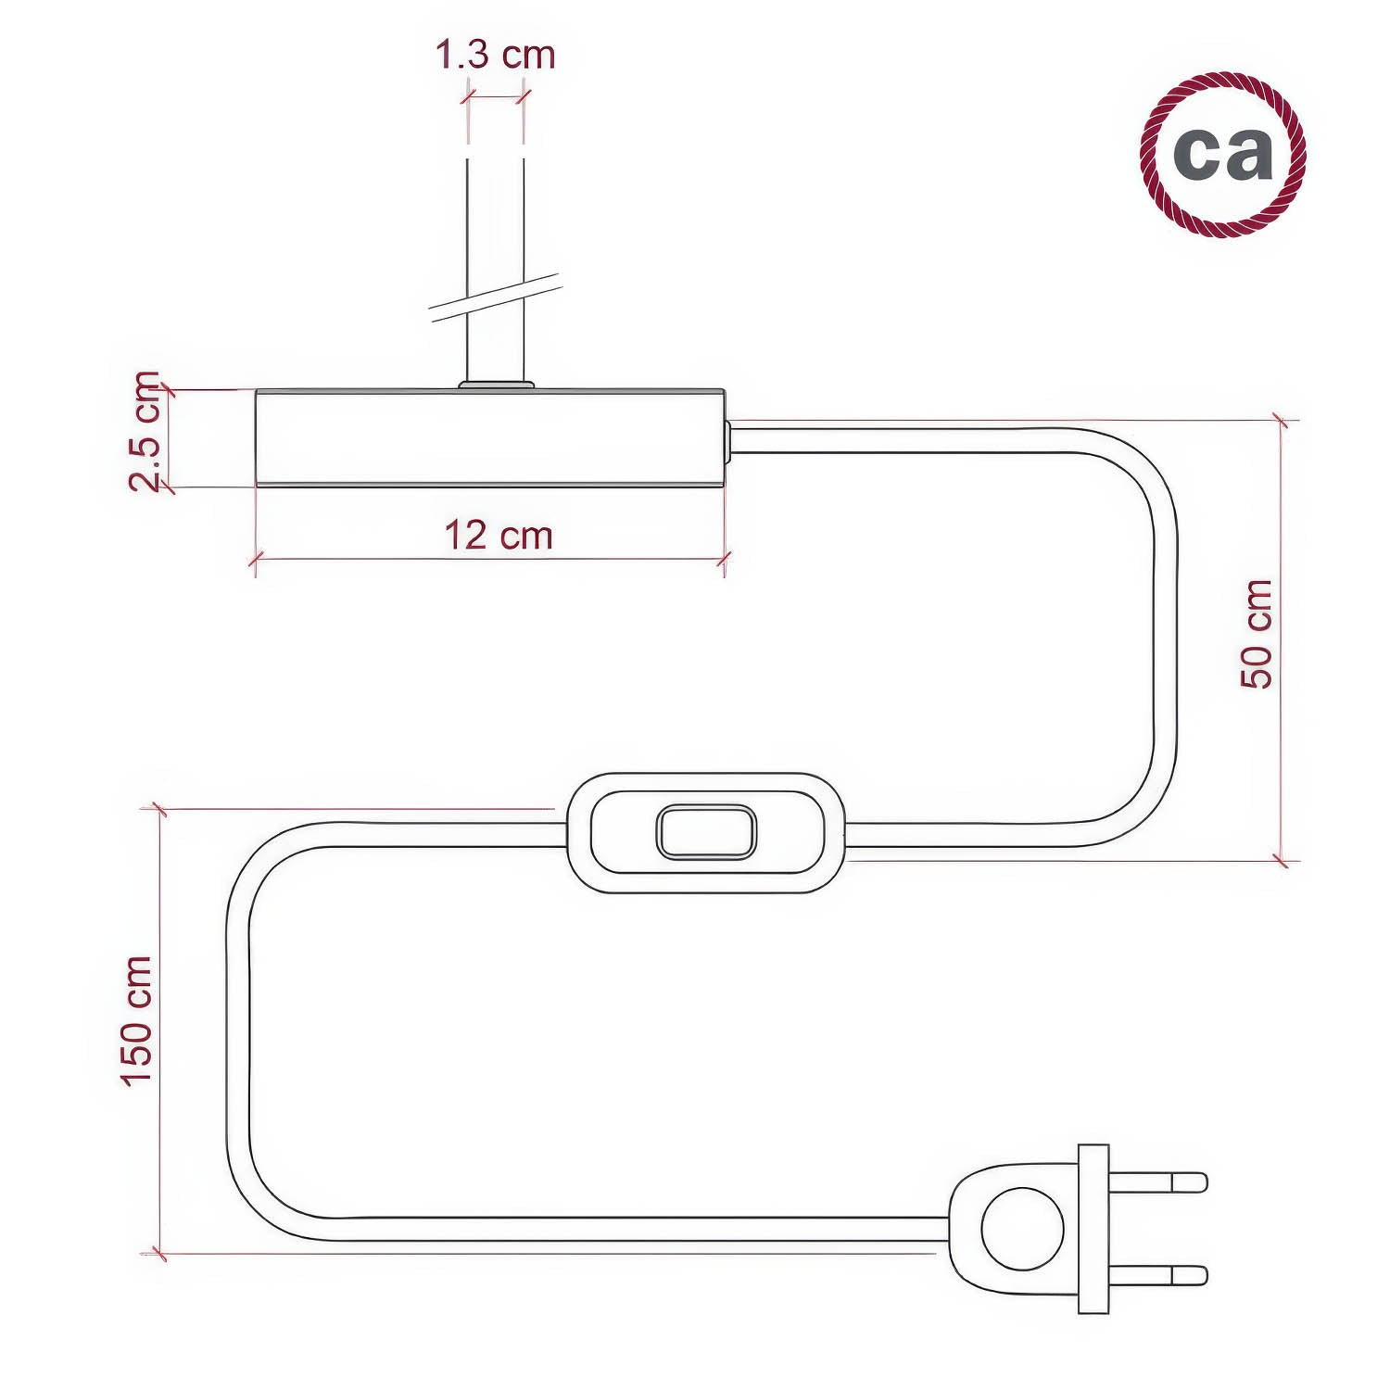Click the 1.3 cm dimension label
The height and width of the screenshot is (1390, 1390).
pyautogui.click(x=495, y=56)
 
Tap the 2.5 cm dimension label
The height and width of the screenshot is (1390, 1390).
pyautogui.click(x=145, y=431)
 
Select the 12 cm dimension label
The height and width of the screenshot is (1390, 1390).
pyautogui.click(x=498, y=536)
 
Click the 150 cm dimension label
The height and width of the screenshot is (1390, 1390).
pyautogui.click(x=136, y=1020)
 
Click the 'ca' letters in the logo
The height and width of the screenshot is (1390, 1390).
pyautogui.click(x=1222, y=154)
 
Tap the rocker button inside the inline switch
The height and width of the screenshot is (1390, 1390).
pyautogui.click(x=706, y=832)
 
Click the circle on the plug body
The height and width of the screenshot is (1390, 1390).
pyautogui.click(x=1022, y=1229)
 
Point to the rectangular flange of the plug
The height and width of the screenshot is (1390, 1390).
pyautogui.click(x=1093, y=1229)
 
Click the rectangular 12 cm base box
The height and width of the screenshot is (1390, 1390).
pyautogui.click(x=489, y=437)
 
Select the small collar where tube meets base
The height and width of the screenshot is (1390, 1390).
pyautogui.click(x=497, y=384)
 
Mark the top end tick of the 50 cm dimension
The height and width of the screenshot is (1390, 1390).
pyautogui.click(x=1282, y=421)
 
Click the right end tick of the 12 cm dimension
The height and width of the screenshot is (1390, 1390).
pyautogui.click(x=725, y=559)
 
